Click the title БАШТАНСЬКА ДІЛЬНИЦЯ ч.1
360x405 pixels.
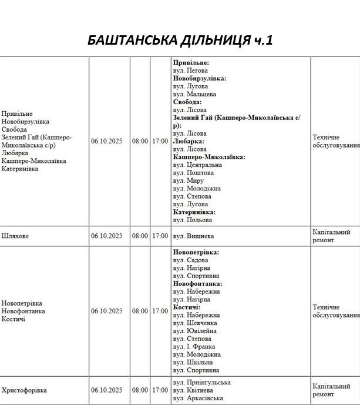click(x=180, y=40)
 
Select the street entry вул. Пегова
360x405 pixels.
click(x=190, y=71)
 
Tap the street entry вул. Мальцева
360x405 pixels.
click(x=194, y=94)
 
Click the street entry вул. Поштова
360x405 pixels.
click(x=193, y=173)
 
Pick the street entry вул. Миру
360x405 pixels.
click(x=189, y=181)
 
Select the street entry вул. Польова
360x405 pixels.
click(x=193, y=220)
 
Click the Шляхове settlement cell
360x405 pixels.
click(x=15, y=236)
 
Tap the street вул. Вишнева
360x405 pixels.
click(x=193, y=236)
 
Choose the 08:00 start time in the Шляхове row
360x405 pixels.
click(x=140, y=236)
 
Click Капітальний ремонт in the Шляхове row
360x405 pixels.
click(x=332, y=236)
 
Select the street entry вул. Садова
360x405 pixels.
click(x=191, y=260)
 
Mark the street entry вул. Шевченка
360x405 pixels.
click(x=195, y=323)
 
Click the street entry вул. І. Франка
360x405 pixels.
click(x=194, y=347)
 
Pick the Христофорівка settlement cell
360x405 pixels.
click(x=24, y=390)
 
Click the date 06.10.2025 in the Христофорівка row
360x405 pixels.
click(x=106, y=390)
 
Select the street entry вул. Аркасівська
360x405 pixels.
click(x=198, y=399)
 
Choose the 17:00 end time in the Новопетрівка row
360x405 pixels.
click(x=160, y=311)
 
